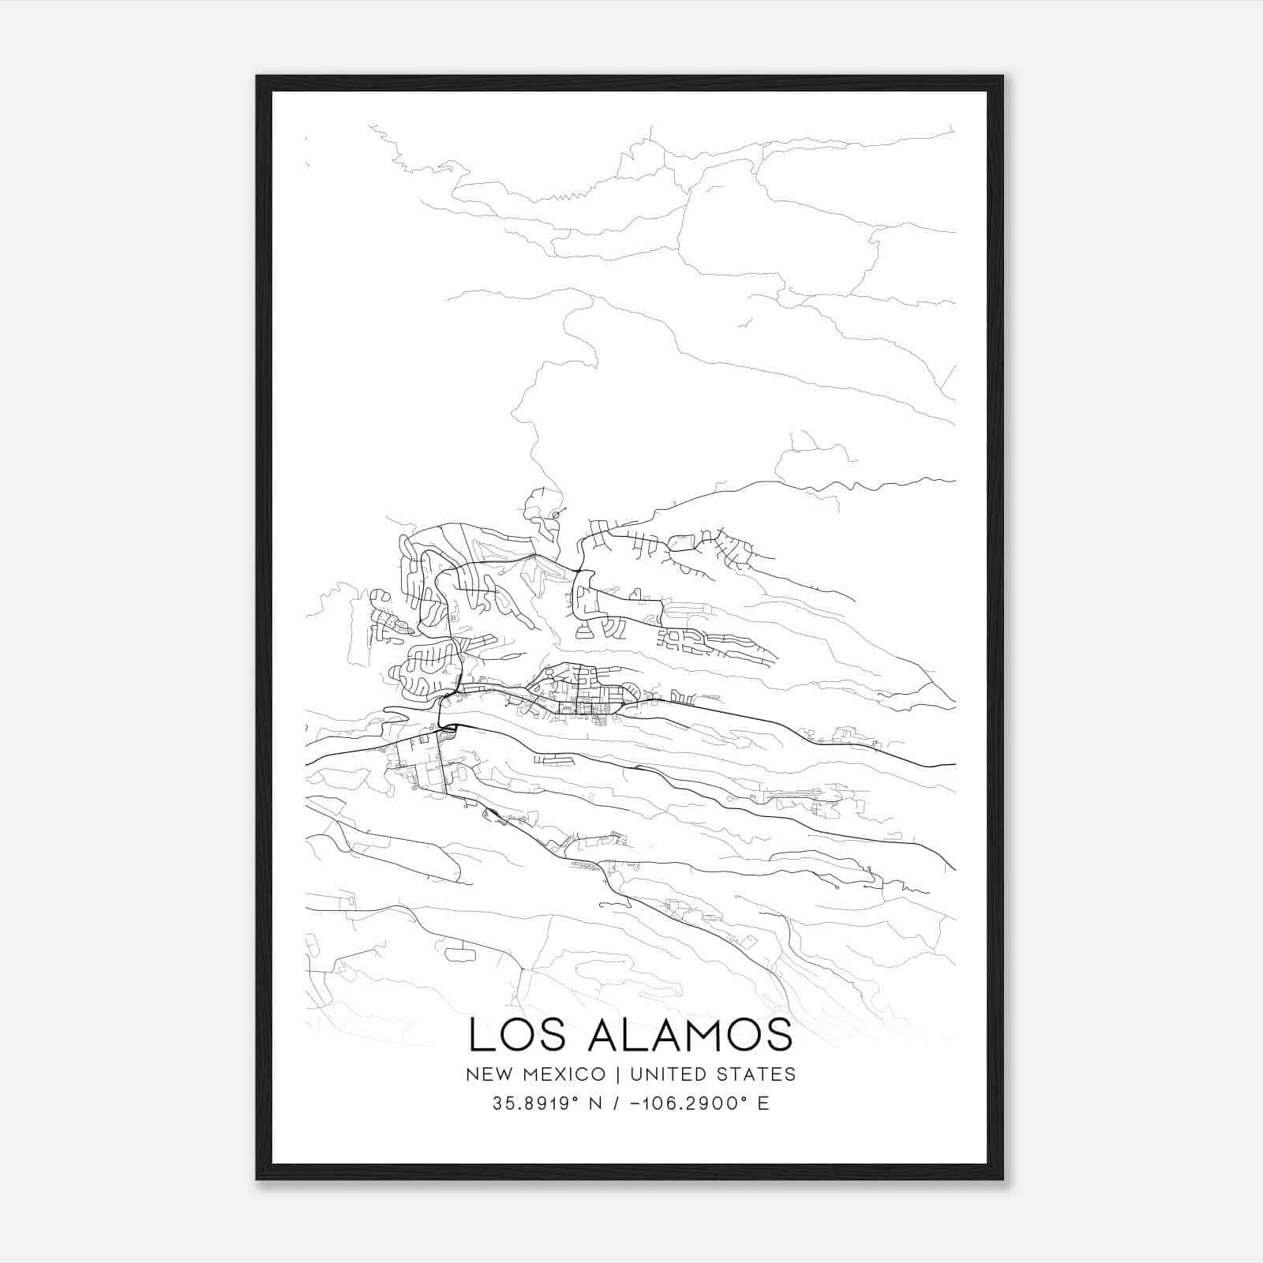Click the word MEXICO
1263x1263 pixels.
click(567, 1074)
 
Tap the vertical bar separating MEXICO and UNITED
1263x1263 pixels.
click(617, 1074)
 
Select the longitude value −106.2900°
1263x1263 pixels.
click(687, 1104)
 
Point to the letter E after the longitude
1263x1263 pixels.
click(763, 1104)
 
